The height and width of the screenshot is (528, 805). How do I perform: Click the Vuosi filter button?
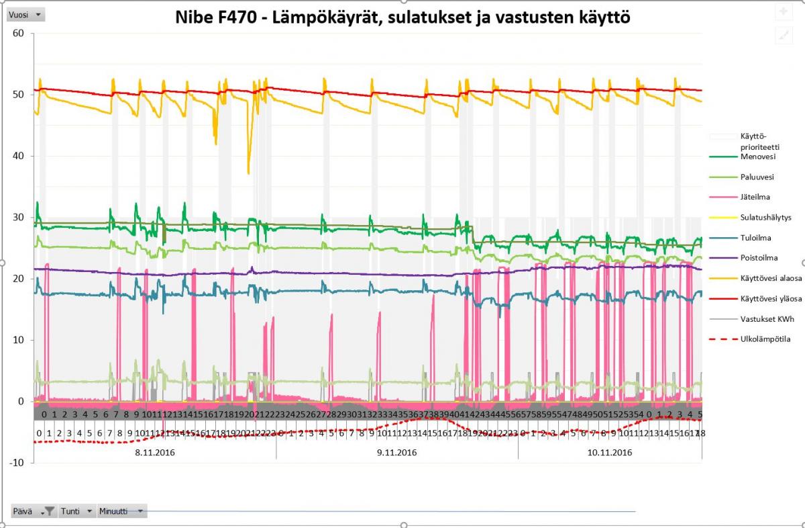[x=26, y=14]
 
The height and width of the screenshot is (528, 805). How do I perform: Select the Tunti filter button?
[x=78, y=511]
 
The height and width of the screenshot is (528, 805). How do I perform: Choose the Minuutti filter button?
[x=121, y=511]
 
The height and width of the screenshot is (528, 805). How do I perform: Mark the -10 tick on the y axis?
[x=17, y=463]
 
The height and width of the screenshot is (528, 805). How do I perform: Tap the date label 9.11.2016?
[x=397, y=453]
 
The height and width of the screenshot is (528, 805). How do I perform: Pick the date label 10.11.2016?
[x=609, y=453]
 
